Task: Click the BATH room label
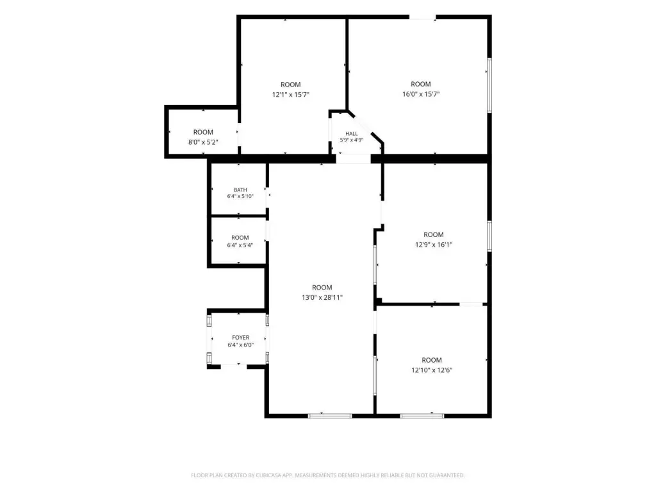240,190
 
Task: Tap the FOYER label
241,337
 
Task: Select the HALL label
352,134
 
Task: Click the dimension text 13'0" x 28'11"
322,297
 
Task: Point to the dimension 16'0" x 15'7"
421,94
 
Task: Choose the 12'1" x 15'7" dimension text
291,95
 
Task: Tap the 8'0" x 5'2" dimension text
203,142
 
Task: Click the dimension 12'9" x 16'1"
434,245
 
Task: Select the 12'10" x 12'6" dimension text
432,370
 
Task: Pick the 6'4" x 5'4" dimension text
240,245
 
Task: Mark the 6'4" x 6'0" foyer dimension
241,345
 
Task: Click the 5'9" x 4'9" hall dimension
352,140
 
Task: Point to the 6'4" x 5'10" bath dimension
240,196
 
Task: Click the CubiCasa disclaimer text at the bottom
327,475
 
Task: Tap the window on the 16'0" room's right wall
489,85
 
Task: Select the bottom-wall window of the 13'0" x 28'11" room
330,415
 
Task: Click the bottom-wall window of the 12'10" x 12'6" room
422,415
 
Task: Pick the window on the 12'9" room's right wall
489,236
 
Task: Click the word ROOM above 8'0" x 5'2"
203,132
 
